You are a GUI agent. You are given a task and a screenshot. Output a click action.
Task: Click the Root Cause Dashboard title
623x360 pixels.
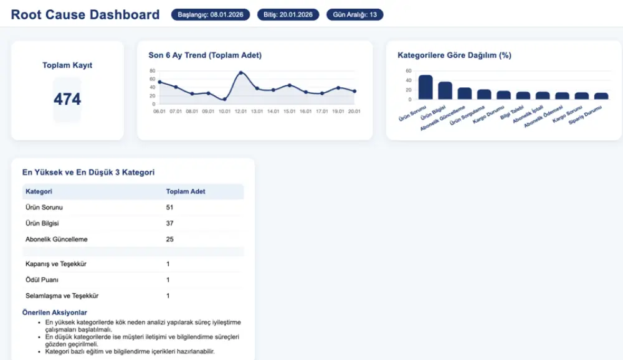[x=85, y=15]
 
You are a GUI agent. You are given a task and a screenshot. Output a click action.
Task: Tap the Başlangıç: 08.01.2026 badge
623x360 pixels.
[x=211, y=14]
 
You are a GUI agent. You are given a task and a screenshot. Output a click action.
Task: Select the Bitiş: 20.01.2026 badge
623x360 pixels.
[x=288, y=14]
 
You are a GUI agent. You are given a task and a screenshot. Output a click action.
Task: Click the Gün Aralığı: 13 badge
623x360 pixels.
[x=355, y=14]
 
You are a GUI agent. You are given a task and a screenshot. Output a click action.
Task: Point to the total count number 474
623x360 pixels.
[x=67, y=99]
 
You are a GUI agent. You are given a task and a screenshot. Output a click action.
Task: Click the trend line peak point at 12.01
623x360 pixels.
[x=241, y=73]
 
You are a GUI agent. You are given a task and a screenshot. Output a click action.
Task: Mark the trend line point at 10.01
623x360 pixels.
[x=224, y=99]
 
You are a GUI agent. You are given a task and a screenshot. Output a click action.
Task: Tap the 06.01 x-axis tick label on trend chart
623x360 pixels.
[x=159, y=111]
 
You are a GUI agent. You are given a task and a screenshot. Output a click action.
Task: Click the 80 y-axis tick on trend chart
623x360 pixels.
[x=152, y=70]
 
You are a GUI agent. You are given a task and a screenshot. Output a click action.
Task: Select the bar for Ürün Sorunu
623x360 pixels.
[x=426, y=87]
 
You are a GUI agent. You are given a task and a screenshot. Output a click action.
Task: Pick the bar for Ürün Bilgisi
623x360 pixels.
[x=445, y=91]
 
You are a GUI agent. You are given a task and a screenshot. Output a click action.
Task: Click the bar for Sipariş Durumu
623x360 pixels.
[x=601, y=96]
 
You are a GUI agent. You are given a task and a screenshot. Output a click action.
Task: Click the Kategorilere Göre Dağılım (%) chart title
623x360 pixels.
[x=454, y=55]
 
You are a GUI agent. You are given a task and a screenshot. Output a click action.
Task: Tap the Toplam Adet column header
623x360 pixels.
[x=186, y=191]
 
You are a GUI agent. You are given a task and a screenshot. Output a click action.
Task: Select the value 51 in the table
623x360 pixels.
[x=169, y=207]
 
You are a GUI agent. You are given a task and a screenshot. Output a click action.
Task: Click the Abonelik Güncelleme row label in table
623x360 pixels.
[x=57, y=239]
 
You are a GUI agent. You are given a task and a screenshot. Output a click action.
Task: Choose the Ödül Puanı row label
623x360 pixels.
[x=42, y=280]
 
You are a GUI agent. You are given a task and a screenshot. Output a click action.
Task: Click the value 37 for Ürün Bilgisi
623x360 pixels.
[x=169, y=223]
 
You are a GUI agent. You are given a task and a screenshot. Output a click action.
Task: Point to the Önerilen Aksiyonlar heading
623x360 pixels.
[x=55, y=313]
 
